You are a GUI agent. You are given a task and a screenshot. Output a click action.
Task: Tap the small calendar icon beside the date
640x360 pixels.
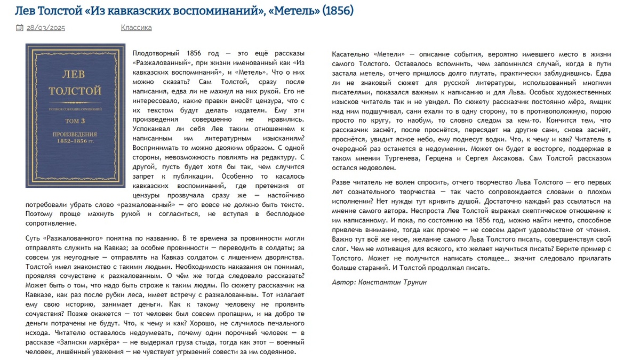tap(20, 28)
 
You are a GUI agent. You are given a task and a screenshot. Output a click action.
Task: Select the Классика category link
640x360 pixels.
tap(136, 28)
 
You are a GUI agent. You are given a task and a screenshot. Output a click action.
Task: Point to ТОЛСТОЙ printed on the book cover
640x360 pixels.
tap(75, 91)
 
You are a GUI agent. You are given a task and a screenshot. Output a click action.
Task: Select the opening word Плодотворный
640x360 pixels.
tap(155, 54)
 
